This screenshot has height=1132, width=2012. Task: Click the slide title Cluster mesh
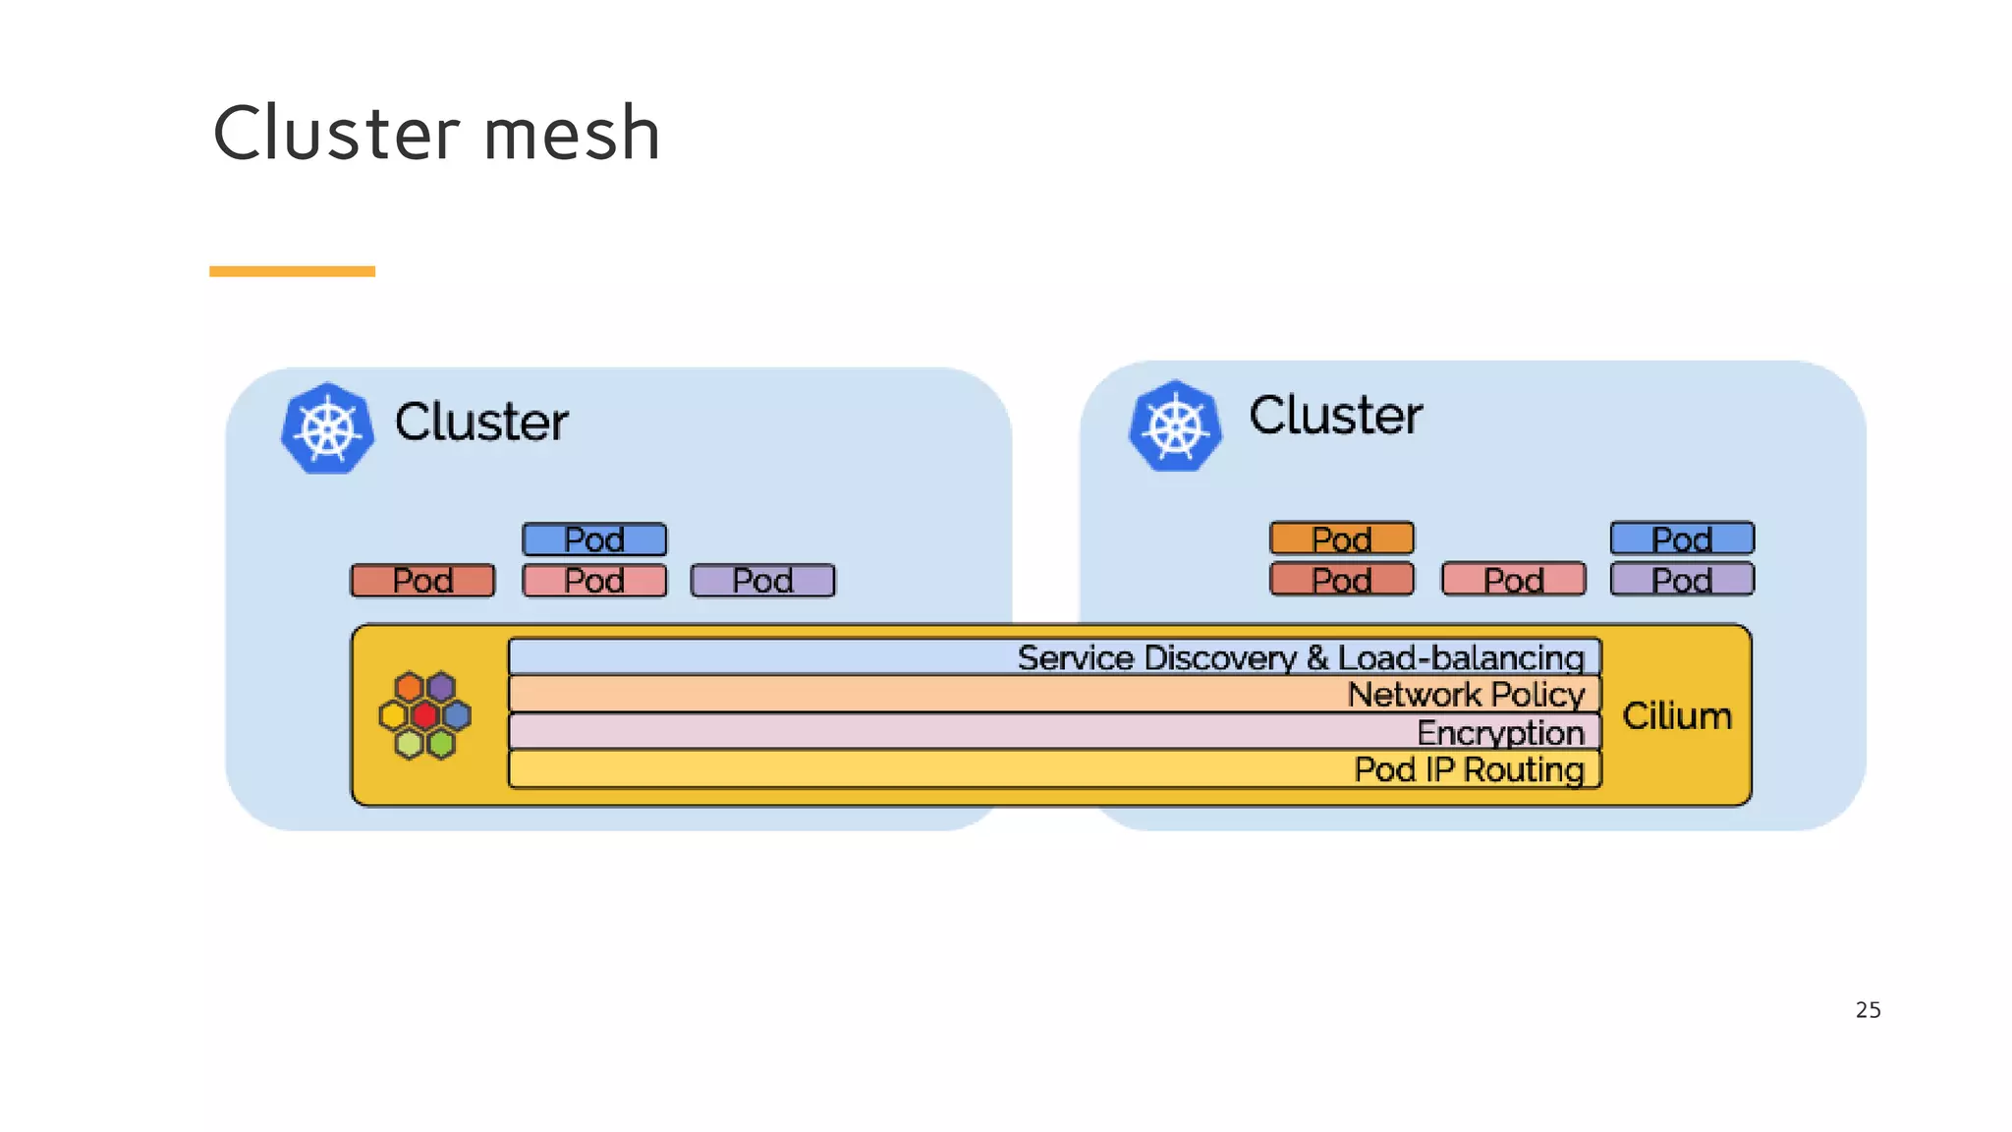436,134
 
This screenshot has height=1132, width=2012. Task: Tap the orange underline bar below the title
292,271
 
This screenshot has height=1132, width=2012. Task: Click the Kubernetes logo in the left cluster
327,428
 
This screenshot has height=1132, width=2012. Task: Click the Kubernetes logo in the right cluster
1175,425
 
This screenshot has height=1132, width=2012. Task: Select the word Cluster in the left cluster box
481,423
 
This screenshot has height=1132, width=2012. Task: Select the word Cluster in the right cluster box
1335,416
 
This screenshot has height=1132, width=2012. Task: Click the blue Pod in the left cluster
594,539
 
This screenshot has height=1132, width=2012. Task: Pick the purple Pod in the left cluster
762,581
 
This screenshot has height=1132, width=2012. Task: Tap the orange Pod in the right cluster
1341,538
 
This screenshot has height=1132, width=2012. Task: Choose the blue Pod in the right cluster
1682,538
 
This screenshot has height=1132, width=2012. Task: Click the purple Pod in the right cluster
1682,580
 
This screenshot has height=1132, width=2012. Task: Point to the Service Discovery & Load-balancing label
1300,657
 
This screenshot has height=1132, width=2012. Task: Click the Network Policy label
1465,695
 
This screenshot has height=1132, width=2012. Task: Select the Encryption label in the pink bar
1499,733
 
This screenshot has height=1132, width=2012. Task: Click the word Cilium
1676,716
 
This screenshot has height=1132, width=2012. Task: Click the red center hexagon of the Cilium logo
424,715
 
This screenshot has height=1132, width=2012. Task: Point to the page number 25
1868,1010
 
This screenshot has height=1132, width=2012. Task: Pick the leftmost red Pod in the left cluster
422,581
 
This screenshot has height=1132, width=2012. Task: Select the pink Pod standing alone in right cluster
1513,580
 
